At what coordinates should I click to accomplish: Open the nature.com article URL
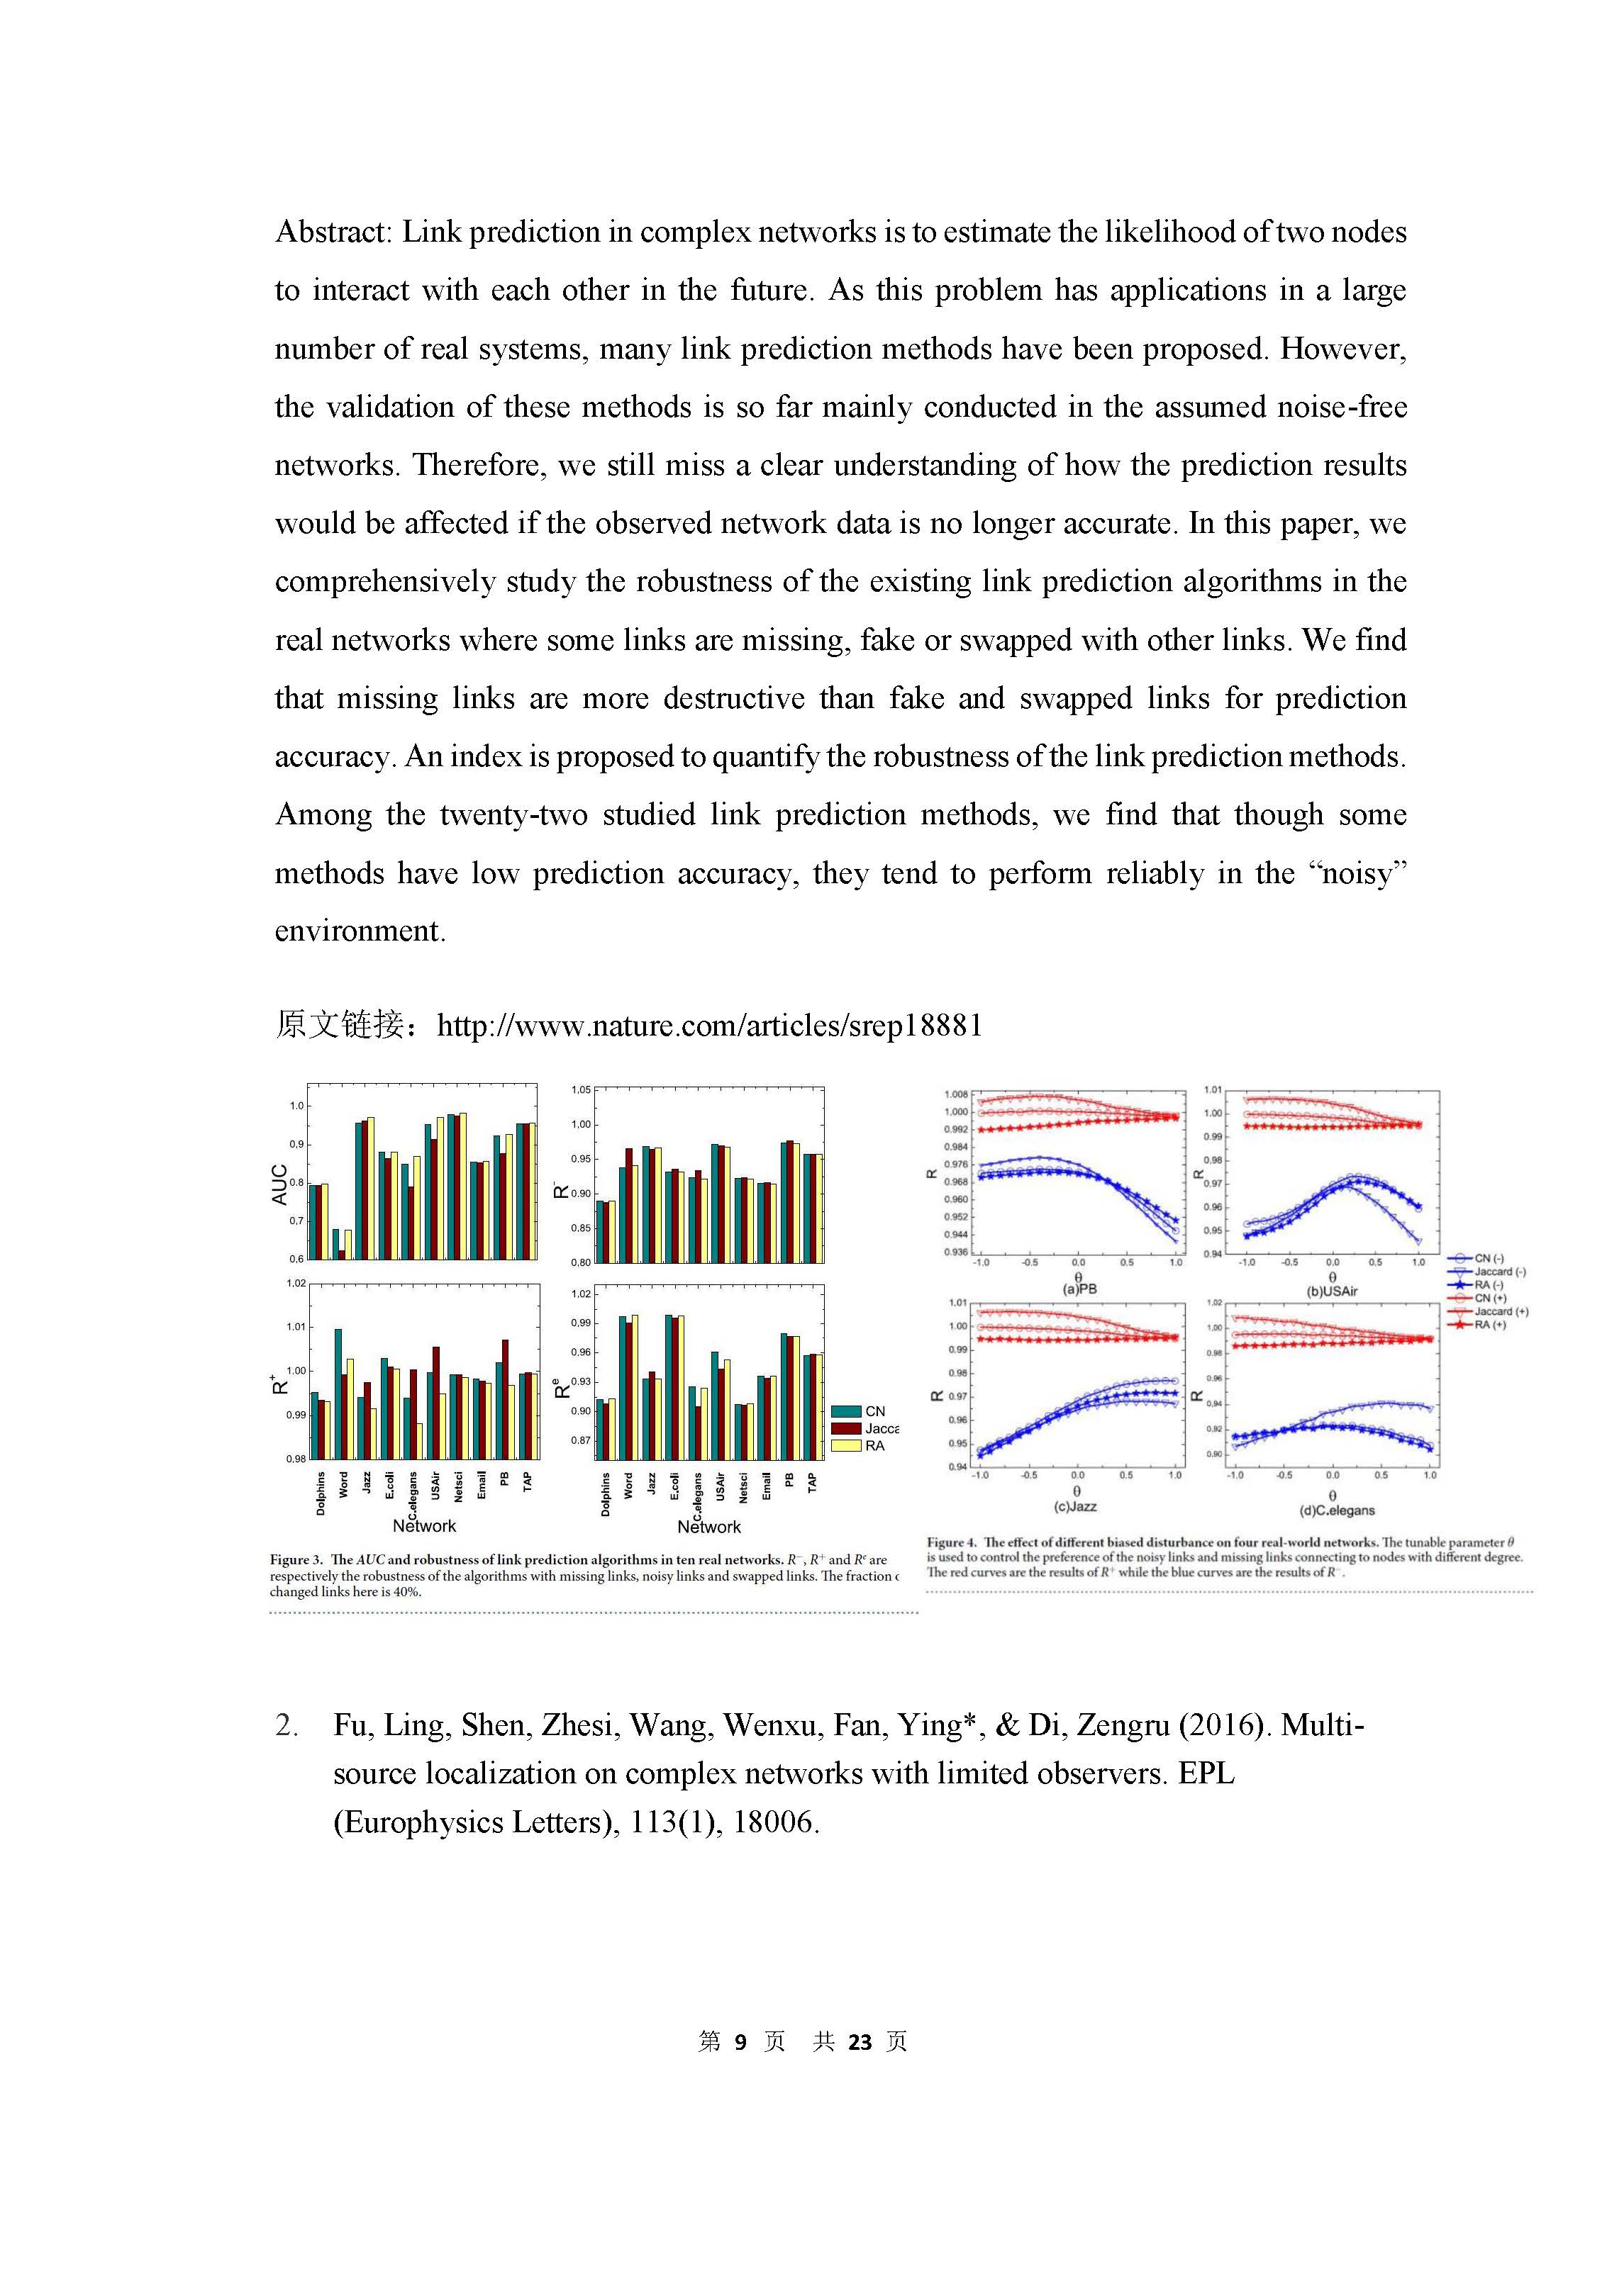pos(709,1026)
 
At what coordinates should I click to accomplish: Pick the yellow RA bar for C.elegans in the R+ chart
pos(420,1440)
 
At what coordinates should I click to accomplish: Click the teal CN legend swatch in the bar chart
pos(846,1411)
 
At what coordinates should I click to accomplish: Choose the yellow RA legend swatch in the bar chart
pos(846,1446)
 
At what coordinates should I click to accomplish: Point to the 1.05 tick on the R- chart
pos(581,1090)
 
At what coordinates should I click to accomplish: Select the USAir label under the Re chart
pos(721,1486)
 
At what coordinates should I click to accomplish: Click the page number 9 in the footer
pos(740,2041)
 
